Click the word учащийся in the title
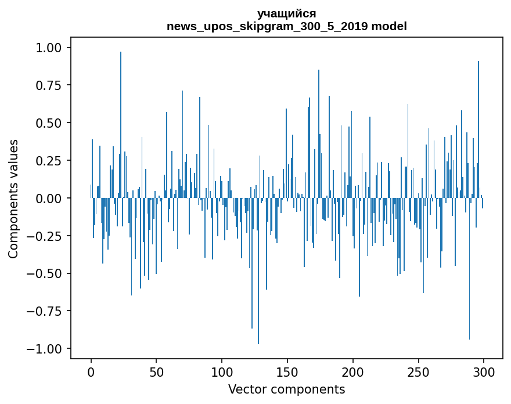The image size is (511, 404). pos(287,14)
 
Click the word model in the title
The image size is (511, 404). pos(389,27)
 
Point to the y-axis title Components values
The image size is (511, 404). pos(13,199)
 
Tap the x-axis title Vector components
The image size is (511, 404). pos(287,389)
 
